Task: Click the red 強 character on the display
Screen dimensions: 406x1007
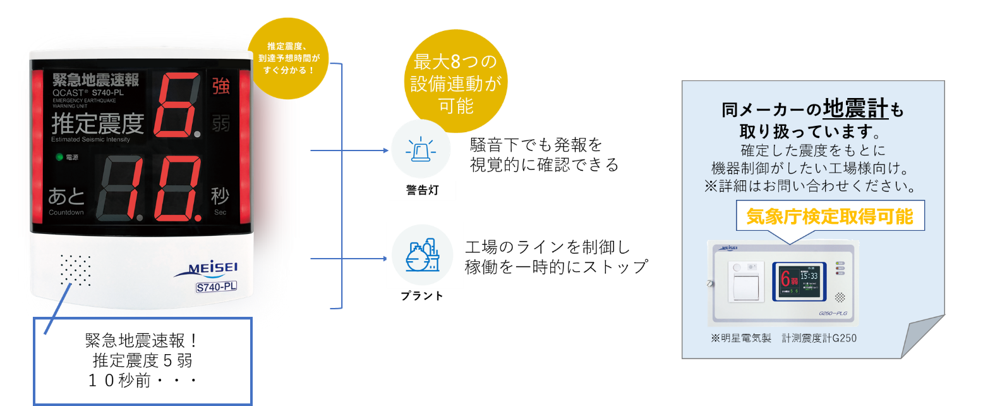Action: point(220,86)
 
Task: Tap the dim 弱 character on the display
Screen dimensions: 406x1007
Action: point(220,123)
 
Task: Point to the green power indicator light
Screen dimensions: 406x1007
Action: point(59,157)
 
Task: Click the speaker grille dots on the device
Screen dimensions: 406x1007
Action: point(75,271)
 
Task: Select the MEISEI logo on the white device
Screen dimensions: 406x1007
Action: point(206,269)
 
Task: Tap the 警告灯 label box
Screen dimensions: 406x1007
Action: point(422,190)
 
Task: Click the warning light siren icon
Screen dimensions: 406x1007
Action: point(421,151)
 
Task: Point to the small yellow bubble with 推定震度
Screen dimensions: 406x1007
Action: point(289,58)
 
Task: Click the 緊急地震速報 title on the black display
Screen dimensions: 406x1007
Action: point(95,80)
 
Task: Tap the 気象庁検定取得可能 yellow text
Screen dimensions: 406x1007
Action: point(829,217)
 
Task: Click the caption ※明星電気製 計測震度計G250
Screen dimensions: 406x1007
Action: point(783,338)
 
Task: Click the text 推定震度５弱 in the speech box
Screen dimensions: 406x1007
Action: point(142,360)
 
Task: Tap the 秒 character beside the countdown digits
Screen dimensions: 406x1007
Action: point(220,197)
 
